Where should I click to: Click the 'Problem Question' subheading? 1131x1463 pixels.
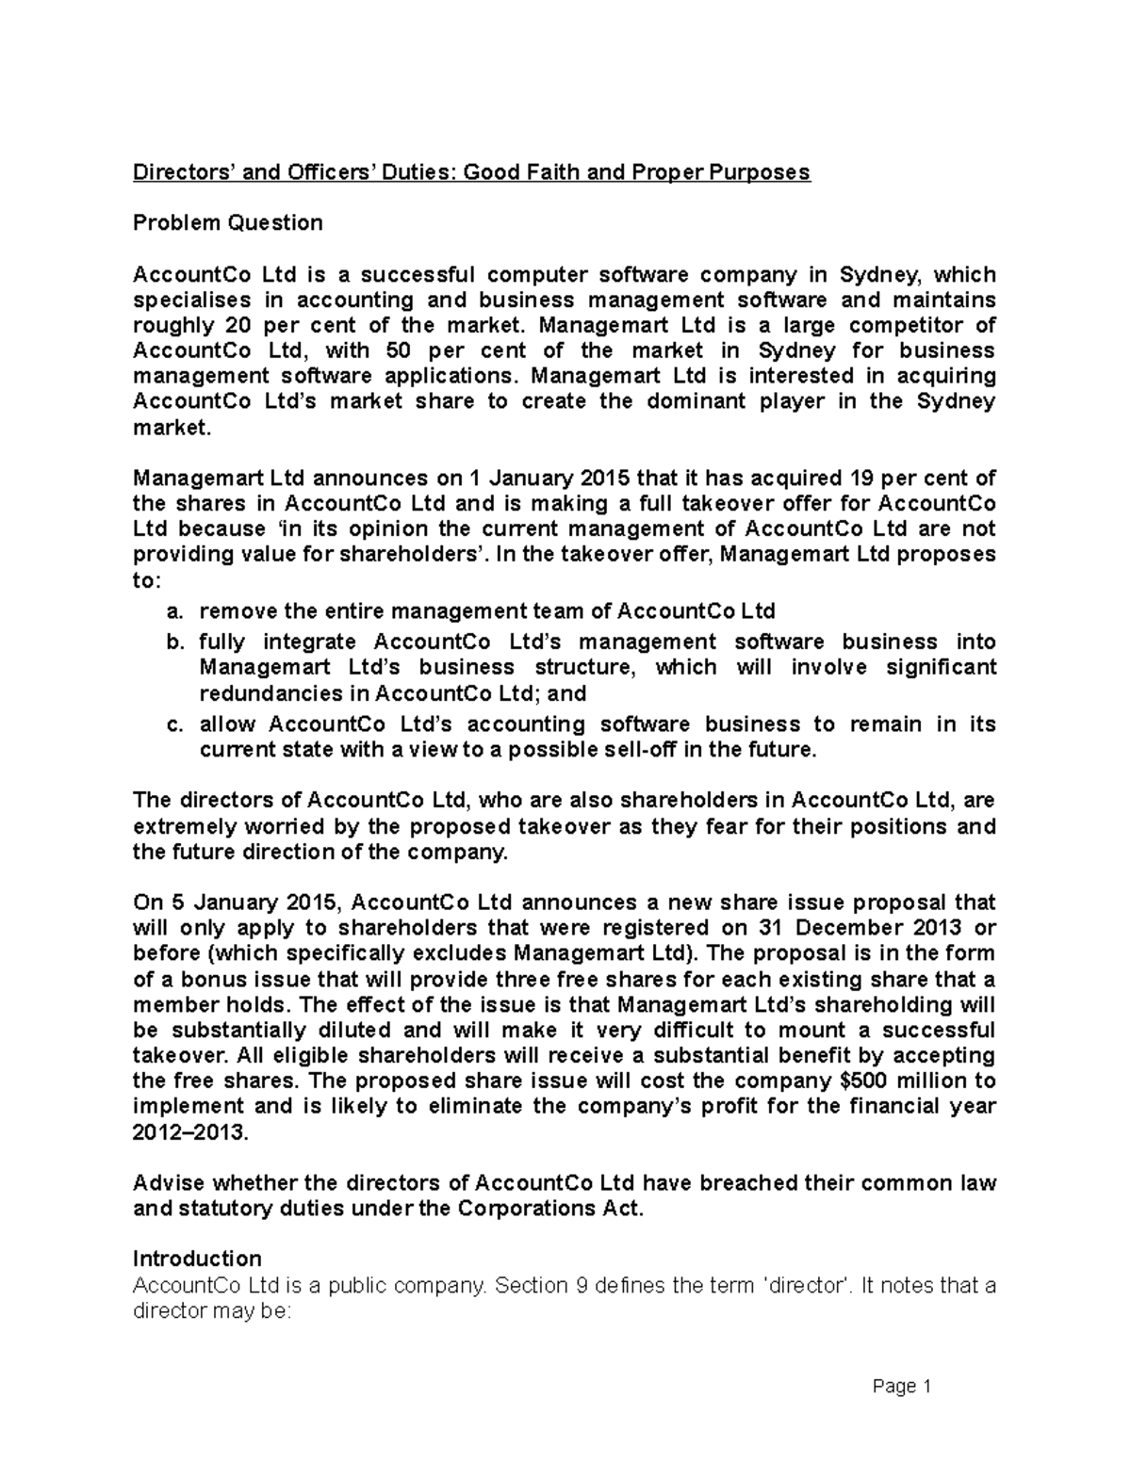click(227, 223)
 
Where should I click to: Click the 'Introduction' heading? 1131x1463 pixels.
click(197, 1260)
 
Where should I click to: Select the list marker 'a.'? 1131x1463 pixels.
click(173, 612)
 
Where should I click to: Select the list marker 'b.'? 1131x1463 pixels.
click(173, 642)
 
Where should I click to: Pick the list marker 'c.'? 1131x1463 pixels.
click(173, 725)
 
